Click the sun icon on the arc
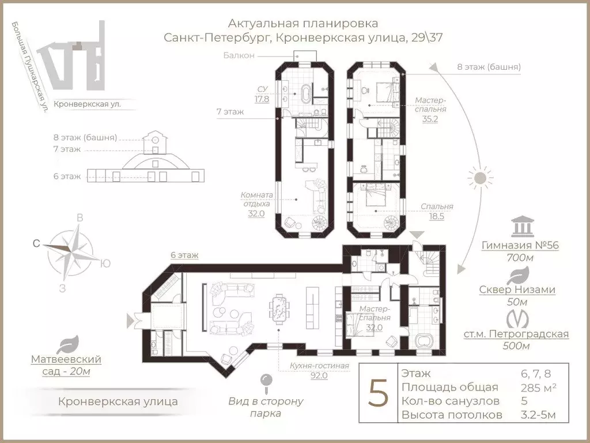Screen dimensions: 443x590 tap(480, 178)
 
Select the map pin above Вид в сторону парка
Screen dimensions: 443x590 tap(266, 381)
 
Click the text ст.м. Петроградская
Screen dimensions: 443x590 tap(516, 335)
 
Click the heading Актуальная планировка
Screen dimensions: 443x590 tap(303, 24)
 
